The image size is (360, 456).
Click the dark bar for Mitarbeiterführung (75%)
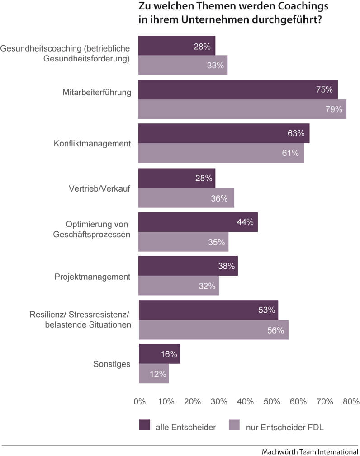(x=237, y=89)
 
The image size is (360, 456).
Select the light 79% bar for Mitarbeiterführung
(x=242, y=109)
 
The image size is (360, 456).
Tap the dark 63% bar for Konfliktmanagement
(x=223, y=133)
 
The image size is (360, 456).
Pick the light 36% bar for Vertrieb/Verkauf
(x=186, y=198)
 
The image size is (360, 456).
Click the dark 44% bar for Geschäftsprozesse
(x=198, y=222)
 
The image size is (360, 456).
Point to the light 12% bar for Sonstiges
(x=154, y=374)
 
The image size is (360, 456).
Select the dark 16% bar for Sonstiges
(x=159, y=354)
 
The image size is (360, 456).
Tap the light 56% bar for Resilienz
(x=213, y=330)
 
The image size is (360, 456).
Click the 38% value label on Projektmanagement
(x=226, y=266)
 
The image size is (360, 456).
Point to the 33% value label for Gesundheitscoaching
(x=216, y=65)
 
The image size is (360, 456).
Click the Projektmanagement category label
(x=93, y=277)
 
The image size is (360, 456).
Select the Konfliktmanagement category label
(x=92, y=144)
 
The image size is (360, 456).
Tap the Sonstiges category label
(x=112, y=364)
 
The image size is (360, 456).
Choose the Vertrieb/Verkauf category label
(x=96, y=188)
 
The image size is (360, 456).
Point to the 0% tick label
(x=140, y=401)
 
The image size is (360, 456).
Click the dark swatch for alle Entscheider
(x=145, y=425)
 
